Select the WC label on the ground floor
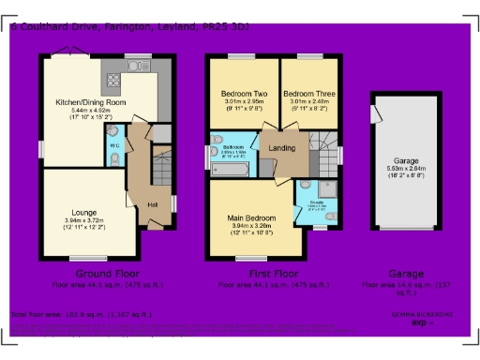[113, 145]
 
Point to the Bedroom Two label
[244, 95]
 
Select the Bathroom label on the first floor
[232, 148]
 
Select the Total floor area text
[81, 315]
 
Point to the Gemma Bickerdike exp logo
[421, 319]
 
